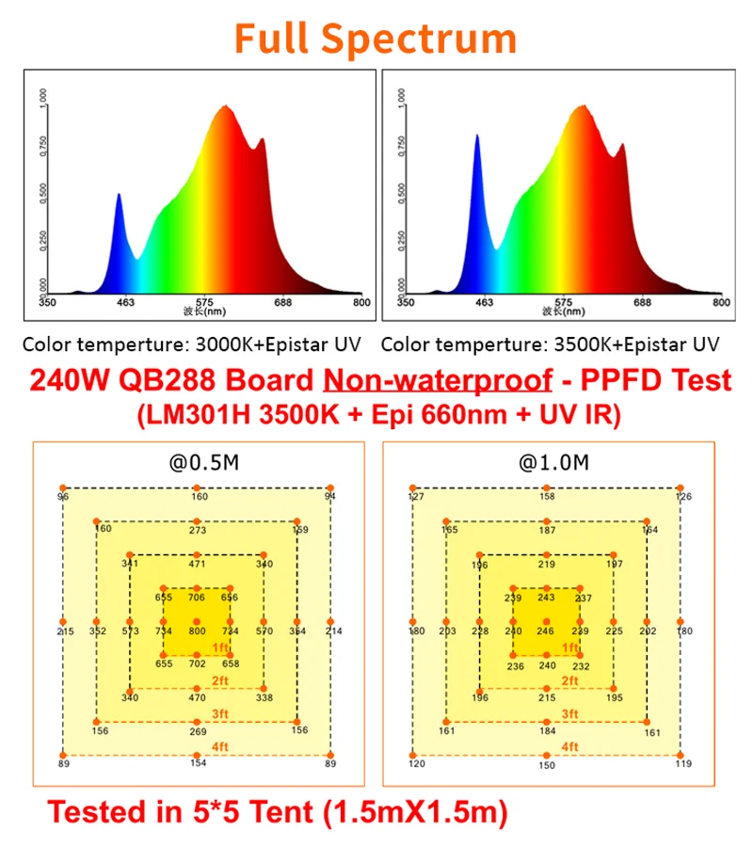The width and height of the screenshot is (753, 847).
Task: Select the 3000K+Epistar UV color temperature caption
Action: (190, 344)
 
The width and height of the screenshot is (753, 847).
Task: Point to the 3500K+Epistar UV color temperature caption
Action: (550, 344)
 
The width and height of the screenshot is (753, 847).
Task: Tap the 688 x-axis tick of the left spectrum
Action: (282, 303)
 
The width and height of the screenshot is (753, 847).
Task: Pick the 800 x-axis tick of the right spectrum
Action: (721, 303)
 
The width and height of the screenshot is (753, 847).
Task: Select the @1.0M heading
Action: (546, 462)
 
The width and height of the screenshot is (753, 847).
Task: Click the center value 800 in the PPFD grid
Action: (196, 631)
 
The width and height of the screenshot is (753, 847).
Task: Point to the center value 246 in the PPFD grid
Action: (546, 631)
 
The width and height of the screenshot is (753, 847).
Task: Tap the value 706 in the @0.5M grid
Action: (196, 598)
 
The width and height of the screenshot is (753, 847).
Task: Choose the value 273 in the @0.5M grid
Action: (197, 531)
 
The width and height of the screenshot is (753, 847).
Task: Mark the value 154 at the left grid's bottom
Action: (197, 764)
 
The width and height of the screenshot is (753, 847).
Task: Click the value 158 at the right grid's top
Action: (546, 497)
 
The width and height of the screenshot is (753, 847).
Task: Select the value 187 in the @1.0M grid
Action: (546, 531)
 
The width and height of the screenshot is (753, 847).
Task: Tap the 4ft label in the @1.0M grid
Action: (570, 746)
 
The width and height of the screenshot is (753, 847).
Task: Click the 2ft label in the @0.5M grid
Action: (220, 680)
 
